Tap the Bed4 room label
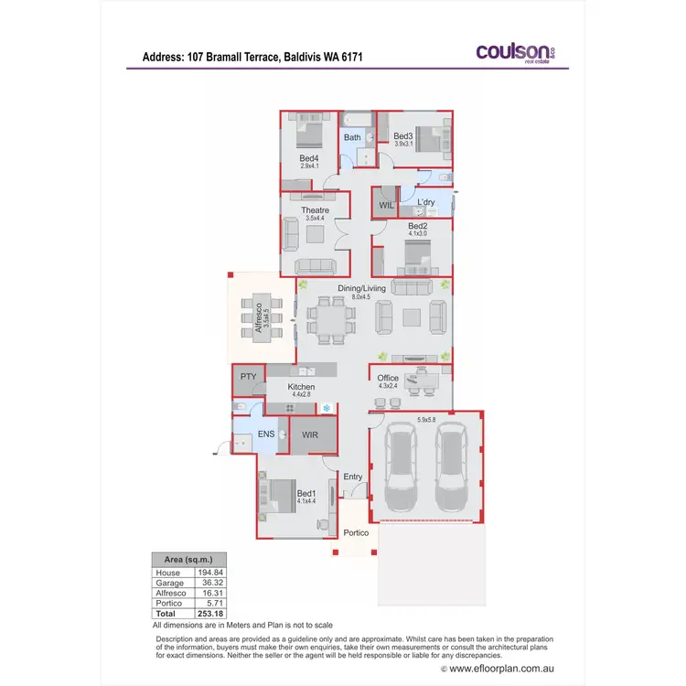coord(308,158)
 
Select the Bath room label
coord(352,138)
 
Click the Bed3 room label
coord(403,136)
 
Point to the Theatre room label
coord(315,210)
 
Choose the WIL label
coord(386,206)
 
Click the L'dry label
coord(425,202)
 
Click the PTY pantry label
coord(248,377)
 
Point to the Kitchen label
coord(301,387)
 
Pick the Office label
coord(388,378)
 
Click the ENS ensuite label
coord(267,434)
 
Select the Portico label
coord(355,532)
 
